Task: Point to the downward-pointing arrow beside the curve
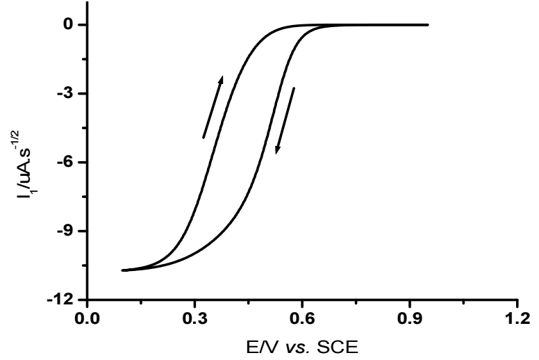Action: coord(285,120)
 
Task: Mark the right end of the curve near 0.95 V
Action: coord(428,25)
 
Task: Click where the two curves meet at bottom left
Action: coord(123,270)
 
